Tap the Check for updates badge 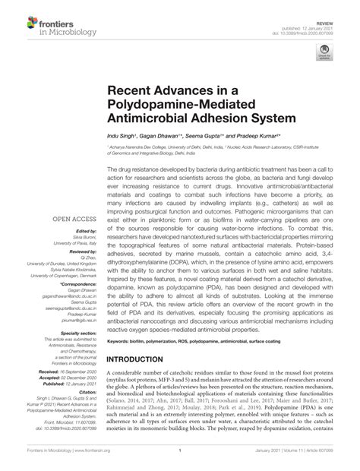326,52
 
